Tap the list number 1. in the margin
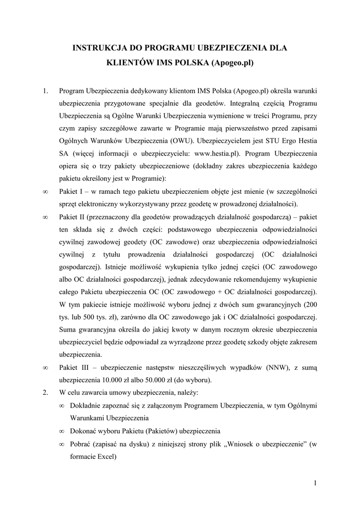click(x=45, y=91)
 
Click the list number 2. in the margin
click(x=45, y=392)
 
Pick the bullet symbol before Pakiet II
click(x=45, y=217)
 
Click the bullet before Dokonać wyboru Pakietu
click(x=62, y=431)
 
